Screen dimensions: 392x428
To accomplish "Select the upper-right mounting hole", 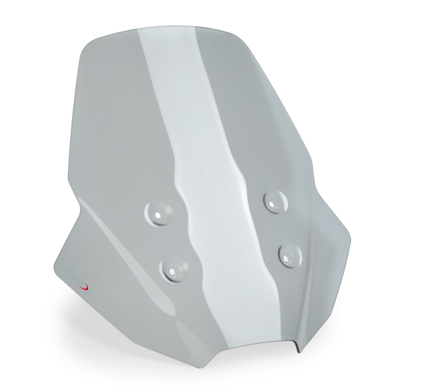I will coord(274,201).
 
